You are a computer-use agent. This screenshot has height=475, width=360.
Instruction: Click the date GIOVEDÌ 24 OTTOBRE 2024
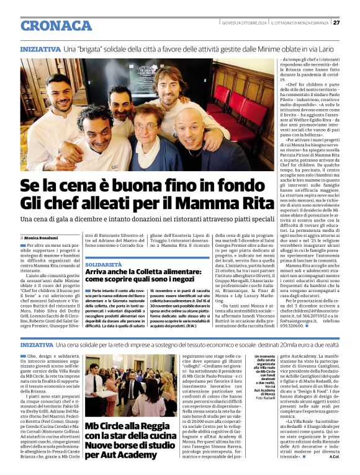[x=245, y=23]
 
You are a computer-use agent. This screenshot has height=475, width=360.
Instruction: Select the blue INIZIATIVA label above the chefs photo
[x=40, y=48]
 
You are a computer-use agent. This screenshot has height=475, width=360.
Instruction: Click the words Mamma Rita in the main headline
[x=221, y=203]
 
